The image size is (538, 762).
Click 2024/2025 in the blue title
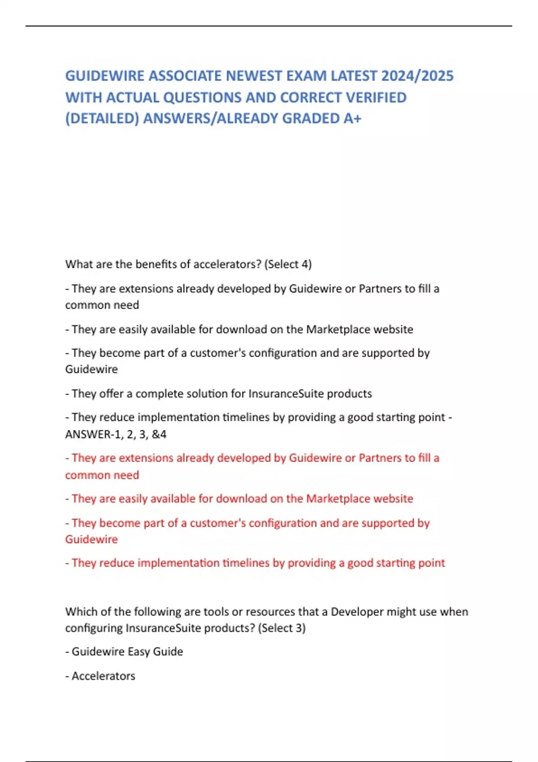pyautogui.click(x=417, y=76)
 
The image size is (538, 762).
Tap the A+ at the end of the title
pyautogui.click(x=352, y=118)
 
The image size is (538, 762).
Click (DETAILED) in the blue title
pyautogui.click(x=102, y=118)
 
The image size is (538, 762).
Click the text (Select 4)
pyautogui.click(x=288, y=264)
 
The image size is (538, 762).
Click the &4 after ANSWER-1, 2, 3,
pyautogui.click(x=159, y=434)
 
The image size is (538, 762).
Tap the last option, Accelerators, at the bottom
pyautogui.click(x=103, y=676)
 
